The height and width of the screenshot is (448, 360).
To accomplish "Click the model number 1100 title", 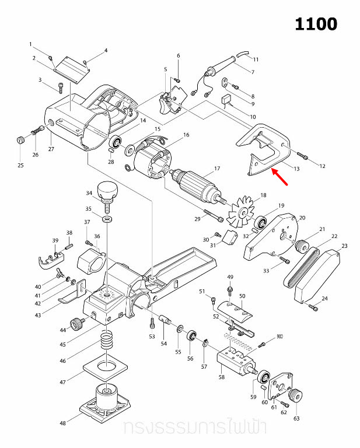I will coord(316,24).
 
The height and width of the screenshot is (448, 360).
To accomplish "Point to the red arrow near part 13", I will coord(280,176).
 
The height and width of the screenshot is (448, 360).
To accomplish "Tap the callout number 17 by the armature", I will coord(216,169).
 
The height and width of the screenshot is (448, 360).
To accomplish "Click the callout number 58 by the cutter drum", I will coord(222,377).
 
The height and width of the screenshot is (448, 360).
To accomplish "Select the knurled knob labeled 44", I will coord(76,323).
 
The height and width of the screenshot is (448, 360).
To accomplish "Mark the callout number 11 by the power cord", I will coord(256,60).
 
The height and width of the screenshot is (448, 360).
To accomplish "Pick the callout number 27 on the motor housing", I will coord(51,149).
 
